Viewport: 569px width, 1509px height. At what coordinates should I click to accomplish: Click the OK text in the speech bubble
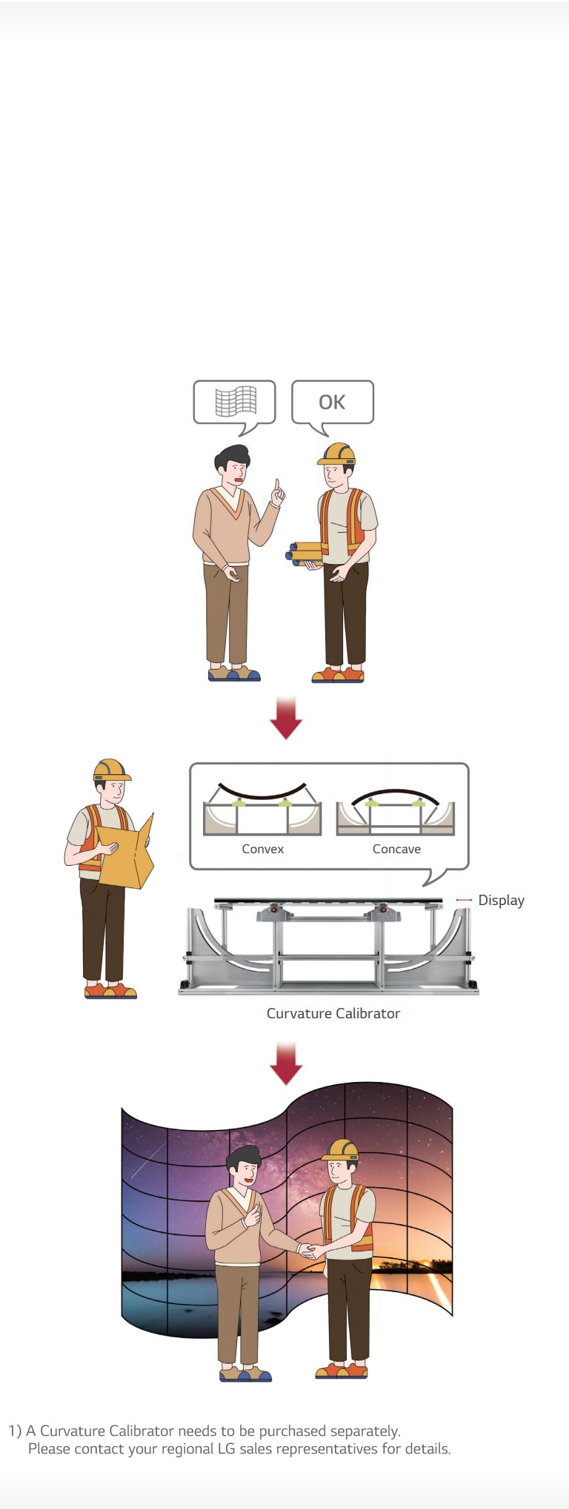tap(332, 402)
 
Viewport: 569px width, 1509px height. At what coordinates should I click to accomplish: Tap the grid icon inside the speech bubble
tap(236, 401)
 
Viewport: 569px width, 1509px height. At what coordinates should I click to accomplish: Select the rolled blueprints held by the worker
tap(305, 553)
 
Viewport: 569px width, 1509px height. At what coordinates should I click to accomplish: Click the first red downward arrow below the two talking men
tap(285, 718)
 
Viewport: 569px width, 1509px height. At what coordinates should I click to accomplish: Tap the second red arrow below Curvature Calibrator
tap(285, 1063)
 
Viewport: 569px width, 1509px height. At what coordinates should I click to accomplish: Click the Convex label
tap(262, 849)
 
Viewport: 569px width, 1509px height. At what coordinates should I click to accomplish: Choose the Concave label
tap(396, 849)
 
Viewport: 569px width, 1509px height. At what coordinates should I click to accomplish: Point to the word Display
tap(501, 900)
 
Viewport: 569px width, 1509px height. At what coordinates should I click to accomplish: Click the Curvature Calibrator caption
tap(333, 1013)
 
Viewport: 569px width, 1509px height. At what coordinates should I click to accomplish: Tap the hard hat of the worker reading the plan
tap(111, 770)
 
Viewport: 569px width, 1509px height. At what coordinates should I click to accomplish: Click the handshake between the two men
tap(307, 1251)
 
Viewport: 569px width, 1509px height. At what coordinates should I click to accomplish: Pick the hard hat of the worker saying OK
tap(337, 453)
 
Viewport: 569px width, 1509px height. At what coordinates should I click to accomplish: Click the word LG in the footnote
tap(226, 1448)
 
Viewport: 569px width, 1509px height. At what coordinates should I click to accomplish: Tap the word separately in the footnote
tap(365, 1431)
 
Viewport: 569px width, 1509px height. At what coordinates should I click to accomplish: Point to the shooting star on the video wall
tap(147, 1160)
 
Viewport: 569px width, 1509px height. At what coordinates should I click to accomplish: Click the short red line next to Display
tap(464, 900)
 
